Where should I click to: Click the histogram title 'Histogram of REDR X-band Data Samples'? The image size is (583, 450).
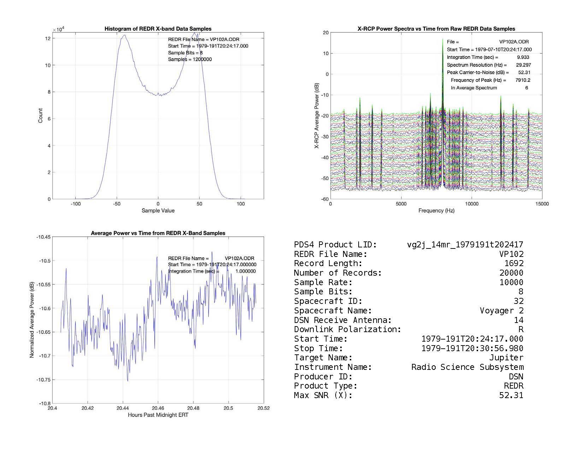pyautogui.click(x=158, y=29)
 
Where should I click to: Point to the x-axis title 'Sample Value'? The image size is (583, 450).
pyautogui.click(x=158, y=211)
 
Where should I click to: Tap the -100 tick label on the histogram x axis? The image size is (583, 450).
pyautogui.click(x=75, y=204)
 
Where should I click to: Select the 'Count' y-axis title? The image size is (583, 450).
pyautogui.click(x=40, y=116)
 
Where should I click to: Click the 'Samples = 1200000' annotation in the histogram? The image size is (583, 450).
pyautogui.click(x=190, y=59)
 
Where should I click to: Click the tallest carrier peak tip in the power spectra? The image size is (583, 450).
pyautogui.click(x=443, y=39)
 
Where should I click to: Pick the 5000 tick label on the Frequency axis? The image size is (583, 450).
pyautogui.click(x=401, y=204)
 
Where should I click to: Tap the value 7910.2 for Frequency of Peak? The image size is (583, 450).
pyautogui.click(x=523, y=80)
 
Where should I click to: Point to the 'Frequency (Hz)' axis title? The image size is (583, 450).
pyautogui.click(x=436, y=211)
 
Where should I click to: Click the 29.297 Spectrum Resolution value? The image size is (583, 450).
pyautogui.click(x=523, y=65)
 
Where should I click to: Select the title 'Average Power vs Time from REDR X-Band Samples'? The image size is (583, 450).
pyautogui.click(x=158, y=233)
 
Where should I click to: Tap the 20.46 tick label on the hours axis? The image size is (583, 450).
pyautogui.click(x=158, y=408)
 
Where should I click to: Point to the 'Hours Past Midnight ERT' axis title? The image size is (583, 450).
pyautogui.click(x=158, y=415)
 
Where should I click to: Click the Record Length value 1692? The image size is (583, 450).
pyautogui.click(x=514, y=264)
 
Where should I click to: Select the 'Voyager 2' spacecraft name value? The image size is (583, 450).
pyautogui.click(x=501, y=311)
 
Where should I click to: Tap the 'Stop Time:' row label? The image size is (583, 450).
pyautogui.click(x=318, y=349)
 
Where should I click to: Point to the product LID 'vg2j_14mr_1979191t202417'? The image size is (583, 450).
pyautogui.click(x=465, y=245)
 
